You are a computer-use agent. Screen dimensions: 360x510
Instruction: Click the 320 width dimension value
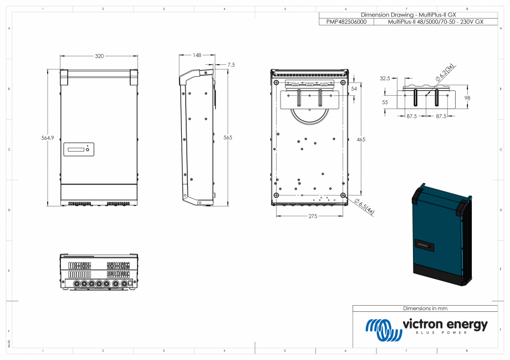click(x=99, y=56)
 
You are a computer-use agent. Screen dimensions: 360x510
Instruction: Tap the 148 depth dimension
click(x=197, y=55)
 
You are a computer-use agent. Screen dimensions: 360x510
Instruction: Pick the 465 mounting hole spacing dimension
click(x=361, y=140)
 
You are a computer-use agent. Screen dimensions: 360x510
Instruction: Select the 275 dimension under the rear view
click(x=313, y=217)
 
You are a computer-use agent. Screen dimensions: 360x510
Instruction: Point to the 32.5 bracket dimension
click(x=385, y=78)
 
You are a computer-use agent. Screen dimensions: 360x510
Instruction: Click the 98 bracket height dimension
click(x=467, y=98)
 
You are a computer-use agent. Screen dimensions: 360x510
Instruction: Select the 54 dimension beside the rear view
click(x=355, y=89)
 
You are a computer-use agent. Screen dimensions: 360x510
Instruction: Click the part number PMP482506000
click(x=346, y=22)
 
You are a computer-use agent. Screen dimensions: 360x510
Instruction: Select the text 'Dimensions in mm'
click(x=425, y=308)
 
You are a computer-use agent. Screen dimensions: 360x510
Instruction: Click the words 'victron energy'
click(x=445, y=324)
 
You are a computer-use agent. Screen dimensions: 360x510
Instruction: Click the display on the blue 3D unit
click(x=424, y=244)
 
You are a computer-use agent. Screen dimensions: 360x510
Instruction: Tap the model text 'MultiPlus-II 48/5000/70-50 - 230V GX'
click(x=436, y=22)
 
